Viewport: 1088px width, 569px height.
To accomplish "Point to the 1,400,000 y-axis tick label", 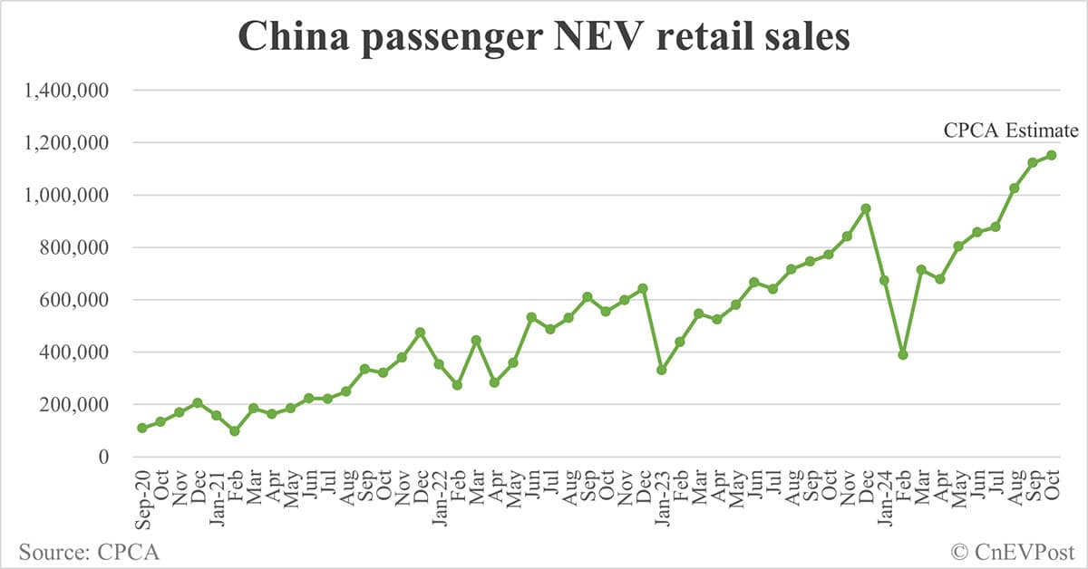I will pos(68,91).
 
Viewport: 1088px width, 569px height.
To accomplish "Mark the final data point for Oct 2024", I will pos(1052,155).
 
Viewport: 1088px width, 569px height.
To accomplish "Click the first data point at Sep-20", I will pos(142,428).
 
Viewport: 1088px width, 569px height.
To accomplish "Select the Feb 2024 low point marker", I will pos(903,354).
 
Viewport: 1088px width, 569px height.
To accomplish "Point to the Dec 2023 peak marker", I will pos(866,208).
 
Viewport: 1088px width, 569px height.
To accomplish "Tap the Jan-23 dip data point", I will pos(662,370).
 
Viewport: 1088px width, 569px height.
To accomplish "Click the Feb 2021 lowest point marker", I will pos(235,431).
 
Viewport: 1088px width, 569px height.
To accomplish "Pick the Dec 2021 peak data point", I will pos(421,333).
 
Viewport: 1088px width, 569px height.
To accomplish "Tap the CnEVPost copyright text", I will pos(1012,550).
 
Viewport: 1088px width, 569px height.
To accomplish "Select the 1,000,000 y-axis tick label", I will pos(68,196).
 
